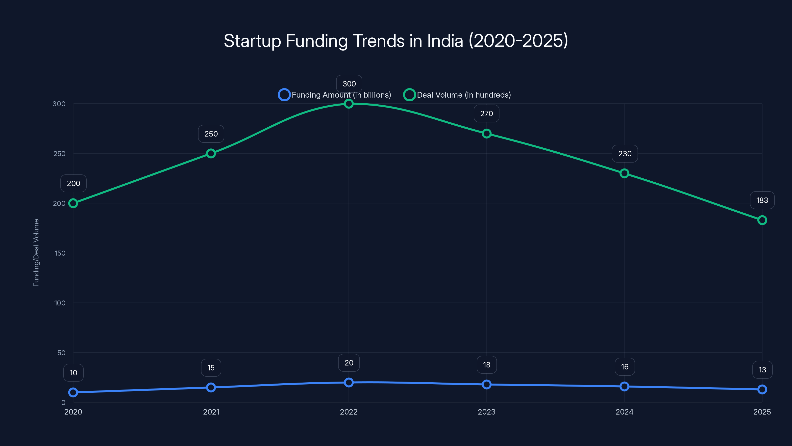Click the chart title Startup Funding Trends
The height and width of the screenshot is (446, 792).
[x=396, y=41]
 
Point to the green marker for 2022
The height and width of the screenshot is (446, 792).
[x=349, y=104]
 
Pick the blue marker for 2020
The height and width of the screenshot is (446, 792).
[x=73, y=392]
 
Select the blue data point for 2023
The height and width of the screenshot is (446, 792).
[x=486, y=385]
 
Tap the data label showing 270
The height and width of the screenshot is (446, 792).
[x=486, y=113]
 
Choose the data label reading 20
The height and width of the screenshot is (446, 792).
[x=349, y=363]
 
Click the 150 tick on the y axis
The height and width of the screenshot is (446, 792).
[x=60, y=253]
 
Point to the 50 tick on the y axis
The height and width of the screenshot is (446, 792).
[x=61, y=353]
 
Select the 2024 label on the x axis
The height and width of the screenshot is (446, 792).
[x=624, y=412]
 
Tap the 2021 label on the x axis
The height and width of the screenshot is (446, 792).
[x=211, y=412]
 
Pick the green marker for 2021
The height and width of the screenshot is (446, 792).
[x=211, y=153]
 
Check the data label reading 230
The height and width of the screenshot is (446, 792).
[x=625, y=154]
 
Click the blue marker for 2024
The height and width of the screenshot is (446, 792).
[x=624, y=386]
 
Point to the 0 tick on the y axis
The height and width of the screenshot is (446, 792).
[x=63, y=403]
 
